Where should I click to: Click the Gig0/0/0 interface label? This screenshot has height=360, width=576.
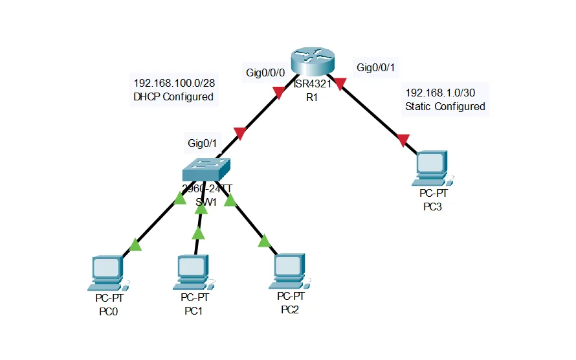click(x=265, y=73)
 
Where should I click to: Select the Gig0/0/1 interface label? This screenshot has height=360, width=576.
click(x=379, y=67)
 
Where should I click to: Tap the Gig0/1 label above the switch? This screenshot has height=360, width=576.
click(x=203, y=142)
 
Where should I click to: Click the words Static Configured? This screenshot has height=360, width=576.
click(x=445, y=106)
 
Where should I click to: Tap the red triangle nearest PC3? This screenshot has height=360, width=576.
click(x=403, y=139)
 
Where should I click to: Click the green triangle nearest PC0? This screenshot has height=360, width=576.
click(x=135, y=245)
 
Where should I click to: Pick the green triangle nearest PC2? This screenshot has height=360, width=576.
click(x=263, y=242)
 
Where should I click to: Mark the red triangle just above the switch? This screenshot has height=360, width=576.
click(x=239, y=134)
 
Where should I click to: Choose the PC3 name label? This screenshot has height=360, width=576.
click(x=433, y=207)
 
